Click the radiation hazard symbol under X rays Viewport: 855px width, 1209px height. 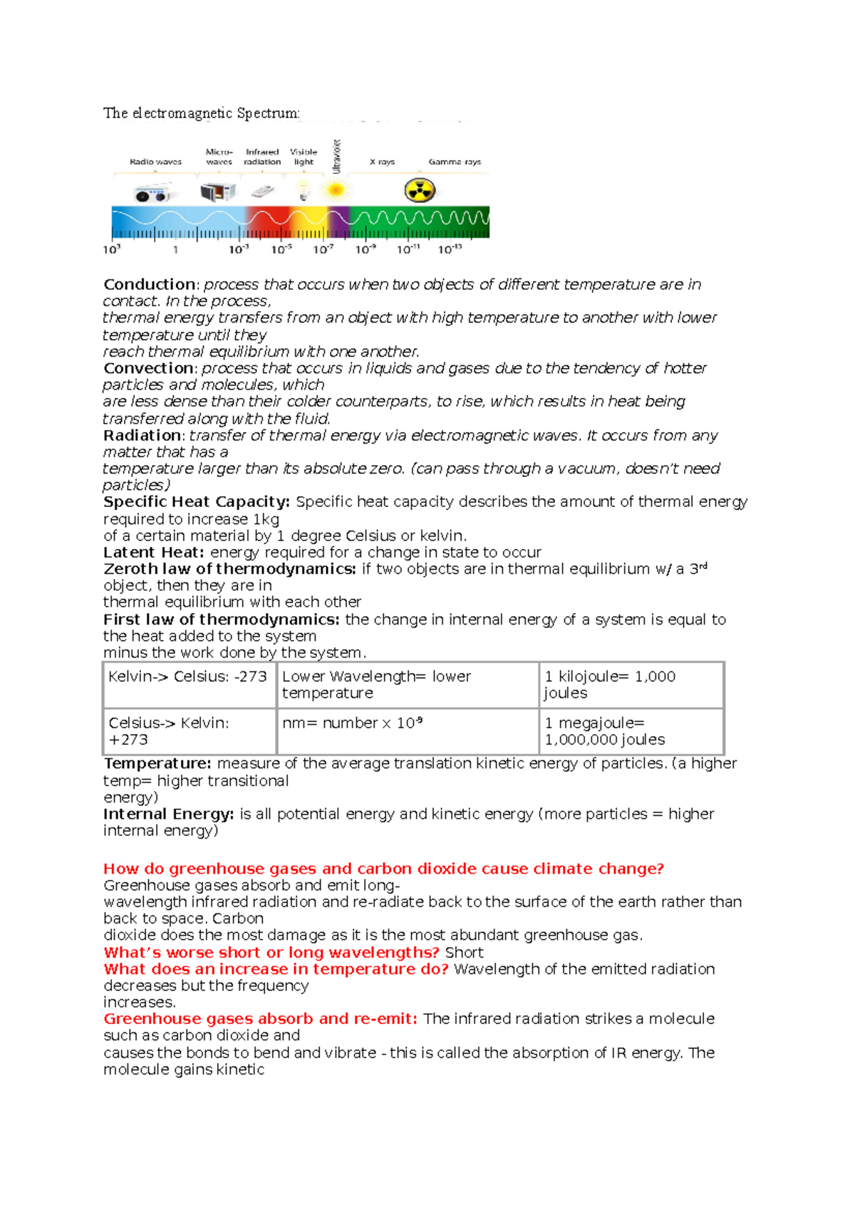click(x=420, y=191)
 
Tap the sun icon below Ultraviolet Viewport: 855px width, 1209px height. click(x=336, y=190)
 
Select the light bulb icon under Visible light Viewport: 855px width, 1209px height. click(x=304, y=190)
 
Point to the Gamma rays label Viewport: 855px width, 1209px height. click(x=455, y=162)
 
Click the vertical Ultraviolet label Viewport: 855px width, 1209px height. click(x=337, y=157)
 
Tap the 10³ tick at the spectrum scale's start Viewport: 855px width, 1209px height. click(x=112, y=250)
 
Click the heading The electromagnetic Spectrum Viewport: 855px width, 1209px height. click(x=202, y=113)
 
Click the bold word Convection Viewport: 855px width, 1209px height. click(x=149, y=368)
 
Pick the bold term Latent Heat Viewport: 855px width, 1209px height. click(x=153, y=553)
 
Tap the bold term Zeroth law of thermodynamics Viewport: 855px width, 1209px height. click(x=229, y=569)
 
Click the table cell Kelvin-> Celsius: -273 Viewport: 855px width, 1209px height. click(x=188, y=677)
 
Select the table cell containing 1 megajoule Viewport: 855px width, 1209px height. click(x=605, y=731)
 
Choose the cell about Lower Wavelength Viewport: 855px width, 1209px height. click(x=376, y=684)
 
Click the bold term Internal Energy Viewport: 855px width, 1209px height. click(x=168, y=814)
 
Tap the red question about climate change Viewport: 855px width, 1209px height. click(x=383, y=869)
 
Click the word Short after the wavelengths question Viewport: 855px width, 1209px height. click(x=465, y=953)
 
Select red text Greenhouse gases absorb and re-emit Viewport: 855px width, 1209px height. click(x=260, y=1019)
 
